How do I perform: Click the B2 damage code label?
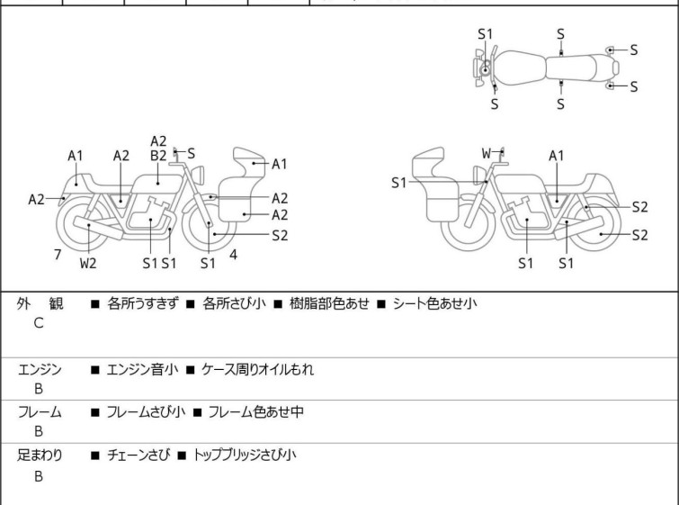158,155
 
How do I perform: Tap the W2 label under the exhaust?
88,264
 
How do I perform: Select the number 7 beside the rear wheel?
58,255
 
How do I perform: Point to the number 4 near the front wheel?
233,255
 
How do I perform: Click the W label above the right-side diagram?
487,154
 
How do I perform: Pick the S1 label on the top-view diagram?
486,34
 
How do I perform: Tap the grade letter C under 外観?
39,322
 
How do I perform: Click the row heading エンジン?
40,369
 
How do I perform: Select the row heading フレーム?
40,412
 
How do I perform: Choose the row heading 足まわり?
40,455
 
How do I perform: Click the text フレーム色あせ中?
255,412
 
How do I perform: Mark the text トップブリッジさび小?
243,455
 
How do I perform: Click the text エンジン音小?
142,369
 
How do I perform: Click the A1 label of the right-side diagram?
557,155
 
